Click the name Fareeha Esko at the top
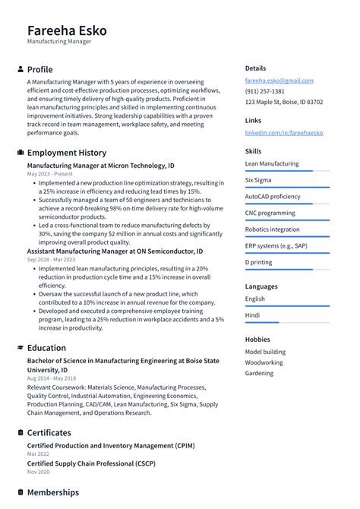67,30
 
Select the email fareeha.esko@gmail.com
279,80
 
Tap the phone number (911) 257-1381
265,90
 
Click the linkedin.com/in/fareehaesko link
283,132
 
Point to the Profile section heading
39,69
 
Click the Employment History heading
66,152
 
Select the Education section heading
46,347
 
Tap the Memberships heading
52,492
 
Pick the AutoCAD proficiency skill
273,196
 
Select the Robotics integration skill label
272,229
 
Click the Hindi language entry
253,315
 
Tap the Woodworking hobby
264,362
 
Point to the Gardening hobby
259,373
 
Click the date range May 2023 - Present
49,174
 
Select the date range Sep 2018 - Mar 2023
51,259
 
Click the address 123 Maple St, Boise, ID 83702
283,102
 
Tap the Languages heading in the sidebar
261,286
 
